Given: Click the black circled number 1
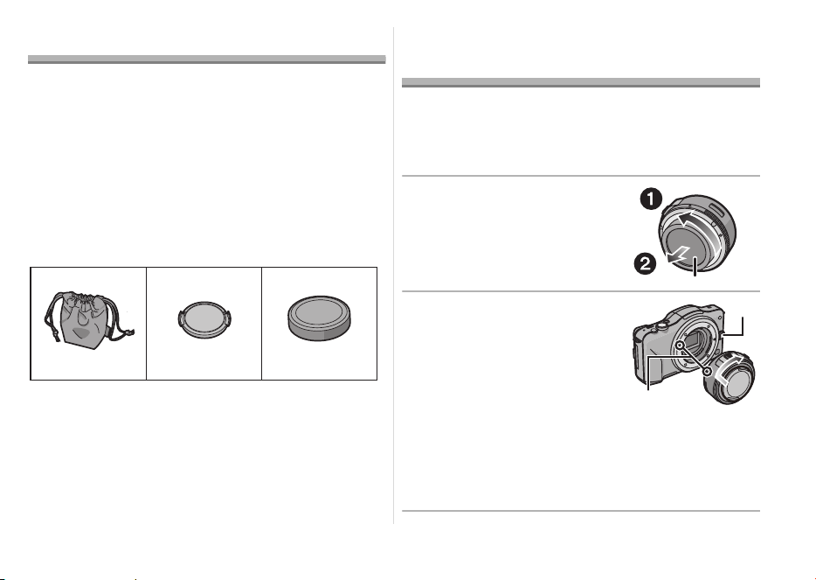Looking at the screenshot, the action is click(x=651, y=199).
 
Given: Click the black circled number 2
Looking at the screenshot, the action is click(x=644, y=263).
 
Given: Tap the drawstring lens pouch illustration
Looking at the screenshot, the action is click(x=88, y=320).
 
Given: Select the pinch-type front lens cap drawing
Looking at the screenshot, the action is click(x=204, y=318).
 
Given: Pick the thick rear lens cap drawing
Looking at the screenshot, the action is click(x=319, y=318).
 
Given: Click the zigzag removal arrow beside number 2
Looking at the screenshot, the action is click(x=679, y=255).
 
